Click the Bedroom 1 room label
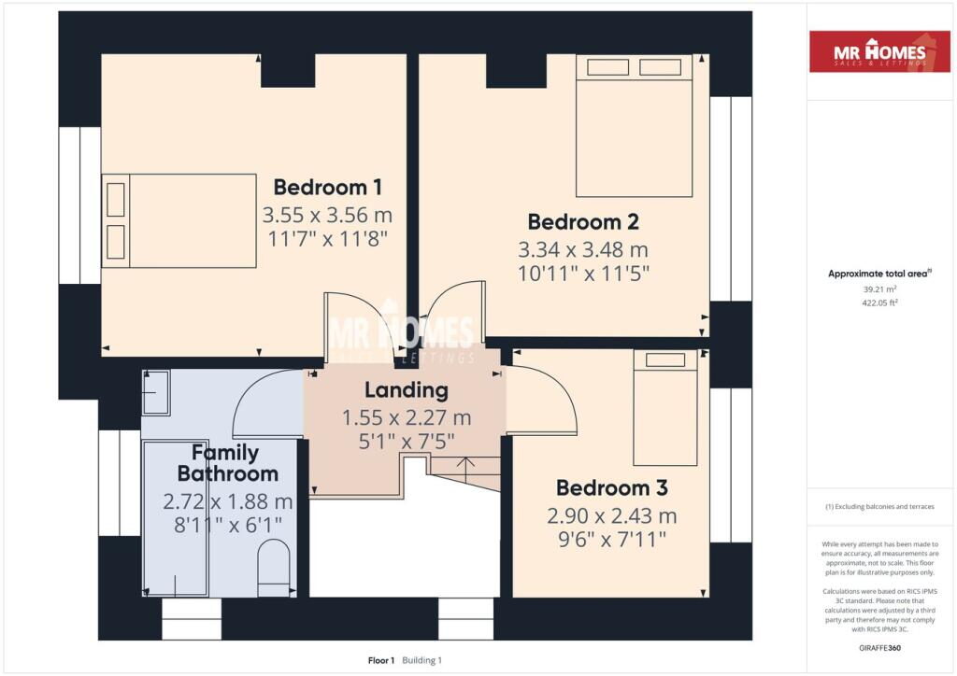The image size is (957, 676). [328, 187]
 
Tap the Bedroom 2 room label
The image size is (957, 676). [583, 222]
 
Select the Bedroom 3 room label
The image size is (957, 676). [611, 487]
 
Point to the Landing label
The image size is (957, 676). [407, 390]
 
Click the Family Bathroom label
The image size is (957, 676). [228, 463]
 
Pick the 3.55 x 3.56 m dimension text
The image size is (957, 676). [327, 215]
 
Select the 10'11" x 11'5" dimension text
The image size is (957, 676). [583, 274]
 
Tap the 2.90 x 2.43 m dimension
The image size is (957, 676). [611, 516]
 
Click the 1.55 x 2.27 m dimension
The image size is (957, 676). [407, 418]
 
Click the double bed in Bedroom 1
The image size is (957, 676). [179, 220]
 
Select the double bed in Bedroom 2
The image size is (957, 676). [635, 126]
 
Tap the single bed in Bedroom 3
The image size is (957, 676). [665, 408]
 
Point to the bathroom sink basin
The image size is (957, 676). [156, 393]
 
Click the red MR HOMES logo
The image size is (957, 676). [879, 51]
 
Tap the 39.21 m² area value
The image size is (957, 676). [879, 289]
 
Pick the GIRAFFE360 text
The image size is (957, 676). [879, 648]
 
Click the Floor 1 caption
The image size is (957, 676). [381, 660]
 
